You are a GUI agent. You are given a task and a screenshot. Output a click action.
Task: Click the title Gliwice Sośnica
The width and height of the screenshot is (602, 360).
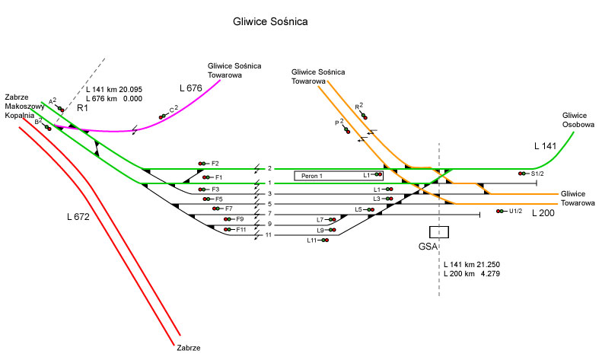(270, 22)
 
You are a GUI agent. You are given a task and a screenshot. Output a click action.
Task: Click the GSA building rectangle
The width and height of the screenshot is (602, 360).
(439, 232)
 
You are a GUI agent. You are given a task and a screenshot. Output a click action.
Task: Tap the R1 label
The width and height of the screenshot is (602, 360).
(81, 109)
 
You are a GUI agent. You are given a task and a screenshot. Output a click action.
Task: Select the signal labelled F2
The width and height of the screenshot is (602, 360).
(203, 164)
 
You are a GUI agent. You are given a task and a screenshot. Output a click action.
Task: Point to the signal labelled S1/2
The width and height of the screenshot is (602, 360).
(524, 174)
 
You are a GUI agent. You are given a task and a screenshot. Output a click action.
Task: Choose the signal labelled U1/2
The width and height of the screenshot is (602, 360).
(501, 211)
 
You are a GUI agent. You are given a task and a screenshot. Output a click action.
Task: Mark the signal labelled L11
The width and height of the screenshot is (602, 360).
(324, 241)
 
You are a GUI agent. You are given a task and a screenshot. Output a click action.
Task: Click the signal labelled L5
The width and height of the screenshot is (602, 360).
(370, 209)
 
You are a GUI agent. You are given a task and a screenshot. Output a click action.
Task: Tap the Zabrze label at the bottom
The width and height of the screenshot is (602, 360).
(188, 348)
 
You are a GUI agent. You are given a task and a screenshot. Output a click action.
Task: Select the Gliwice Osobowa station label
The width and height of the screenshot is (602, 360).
(580, 118)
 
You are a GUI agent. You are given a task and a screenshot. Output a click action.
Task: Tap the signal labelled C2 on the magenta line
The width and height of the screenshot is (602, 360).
(163, 116)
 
